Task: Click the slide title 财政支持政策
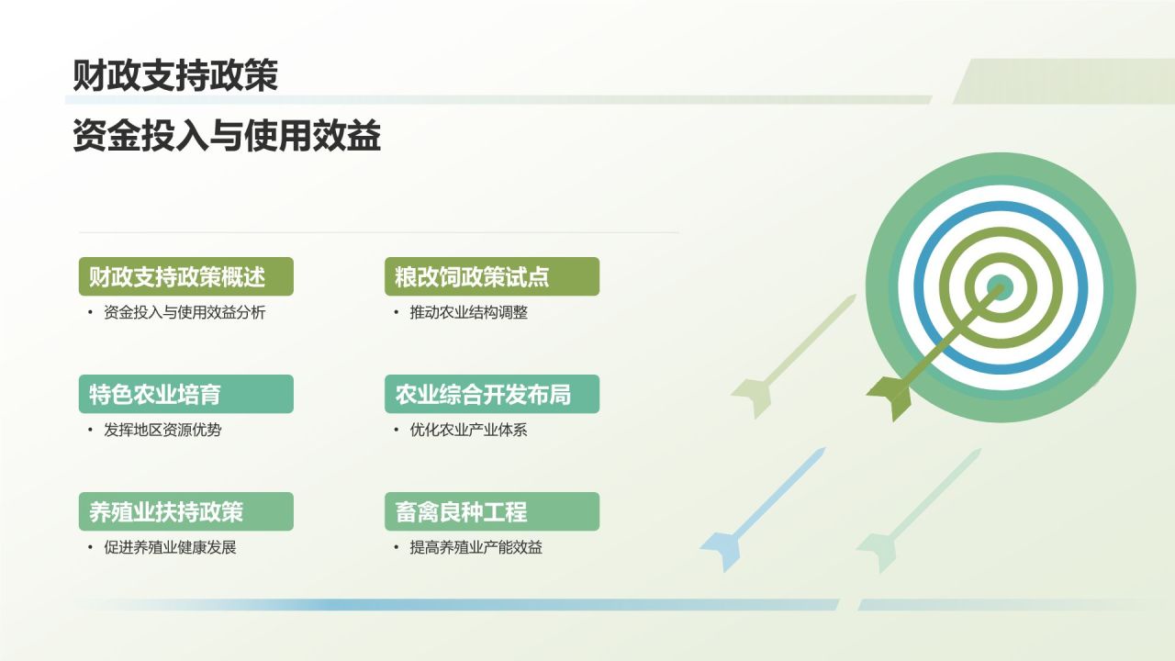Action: point(175,76)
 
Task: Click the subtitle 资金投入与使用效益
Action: point(227,137)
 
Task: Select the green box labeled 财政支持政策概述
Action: point(185,276)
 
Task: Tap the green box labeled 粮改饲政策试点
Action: point(491,276)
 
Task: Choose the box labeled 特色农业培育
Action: point(185,394)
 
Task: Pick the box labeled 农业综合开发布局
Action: point(491,394)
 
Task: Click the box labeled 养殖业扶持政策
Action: point(185,511)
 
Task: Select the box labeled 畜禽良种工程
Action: point(491,511)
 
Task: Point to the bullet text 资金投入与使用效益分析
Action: point(185,312)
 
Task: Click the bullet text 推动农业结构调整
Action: point(468,312)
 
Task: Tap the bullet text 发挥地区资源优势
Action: point(162,430)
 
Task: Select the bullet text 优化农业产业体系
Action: point(468,430)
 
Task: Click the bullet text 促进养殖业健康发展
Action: point(170,547)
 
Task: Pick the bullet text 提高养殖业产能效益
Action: point(476,547)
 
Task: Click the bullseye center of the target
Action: point(1000,287)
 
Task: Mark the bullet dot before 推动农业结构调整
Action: point(397,312)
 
